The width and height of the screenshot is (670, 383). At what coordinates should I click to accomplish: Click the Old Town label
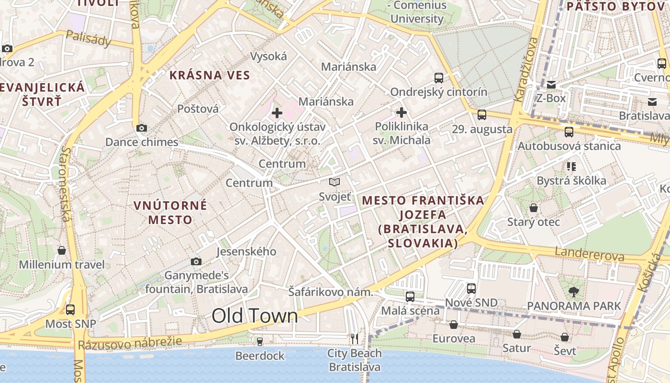[x=255, y=316]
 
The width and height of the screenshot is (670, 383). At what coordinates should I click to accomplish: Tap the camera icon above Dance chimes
[x=141, y=128]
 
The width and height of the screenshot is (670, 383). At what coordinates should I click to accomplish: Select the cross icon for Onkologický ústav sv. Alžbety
[x=277, y=113]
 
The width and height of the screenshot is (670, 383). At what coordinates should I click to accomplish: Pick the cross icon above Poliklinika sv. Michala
[x=402, y=113]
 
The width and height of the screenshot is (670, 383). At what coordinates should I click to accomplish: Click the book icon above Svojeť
[x=335, y=182]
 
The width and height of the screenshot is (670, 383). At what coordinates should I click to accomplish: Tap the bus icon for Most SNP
[x=70, y=310]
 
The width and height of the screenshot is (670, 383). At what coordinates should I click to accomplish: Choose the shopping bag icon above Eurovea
[x=454, y=325]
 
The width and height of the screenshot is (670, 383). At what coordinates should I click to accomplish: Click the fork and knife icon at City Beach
[x=354, y=339]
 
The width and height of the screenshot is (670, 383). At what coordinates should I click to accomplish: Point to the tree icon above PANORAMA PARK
[x=573, y=292]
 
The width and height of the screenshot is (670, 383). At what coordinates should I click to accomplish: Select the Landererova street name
[x=589, y=254]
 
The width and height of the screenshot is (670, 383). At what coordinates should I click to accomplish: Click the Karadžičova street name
[x=525, y=70]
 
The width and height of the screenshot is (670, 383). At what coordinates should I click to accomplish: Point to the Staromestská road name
[x=66, y=184]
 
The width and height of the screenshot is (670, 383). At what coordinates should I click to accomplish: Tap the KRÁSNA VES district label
[x=210, y=75]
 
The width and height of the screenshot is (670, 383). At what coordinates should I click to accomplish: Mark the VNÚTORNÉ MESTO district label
[x=170, y=213]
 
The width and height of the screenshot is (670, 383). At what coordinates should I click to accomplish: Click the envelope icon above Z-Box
[x=551, y=85]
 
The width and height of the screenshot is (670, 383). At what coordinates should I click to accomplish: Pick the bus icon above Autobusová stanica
[x=569, y=132]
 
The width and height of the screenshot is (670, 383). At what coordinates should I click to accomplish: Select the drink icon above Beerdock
[x=260, y=341]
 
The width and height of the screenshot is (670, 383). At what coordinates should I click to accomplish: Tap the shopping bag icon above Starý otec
[x=533, y=208]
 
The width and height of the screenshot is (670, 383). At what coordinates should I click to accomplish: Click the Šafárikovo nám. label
[x=330, y=292]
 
